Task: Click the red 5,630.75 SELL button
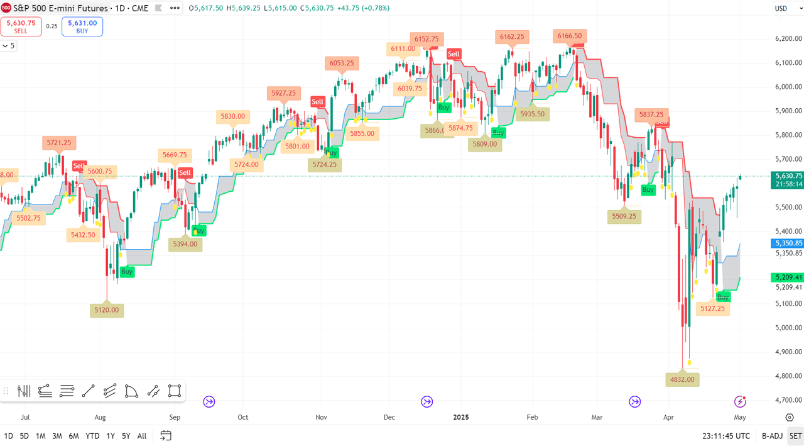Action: tap(21, 26)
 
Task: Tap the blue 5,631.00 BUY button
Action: tap(82, 26)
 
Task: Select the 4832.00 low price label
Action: tap(682, 379)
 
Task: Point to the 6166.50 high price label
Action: tap(570, 36)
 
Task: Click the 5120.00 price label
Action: tap(107, 310)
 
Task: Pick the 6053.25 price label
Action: tap(342, 63)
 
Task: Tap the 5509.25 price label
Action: tap(624, 216)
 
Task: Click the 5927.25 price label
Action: tap(284, 93)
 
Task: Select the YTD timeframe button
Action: tap(92, 436)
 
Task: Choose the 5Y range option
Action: tap(126, 436)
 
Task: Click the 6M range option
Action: tap(73, 436)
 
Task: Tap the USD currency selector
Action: tap(781, 8)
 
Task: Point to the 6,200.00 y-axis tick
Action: tap(789, 39)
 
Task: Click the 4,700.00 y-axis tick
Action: tap(789, 400)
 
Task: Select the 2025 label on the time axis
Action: tap(461, 417)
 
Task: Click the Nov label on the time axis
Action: tap(322, 417)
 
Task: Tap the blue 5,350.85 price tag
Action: tap(788, 243)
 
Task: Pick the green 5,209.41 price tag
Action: tap(788, 277)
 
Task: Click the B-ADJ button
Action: tap(772, 436)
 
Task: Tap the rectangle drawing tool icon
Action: tap(175, 391)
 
